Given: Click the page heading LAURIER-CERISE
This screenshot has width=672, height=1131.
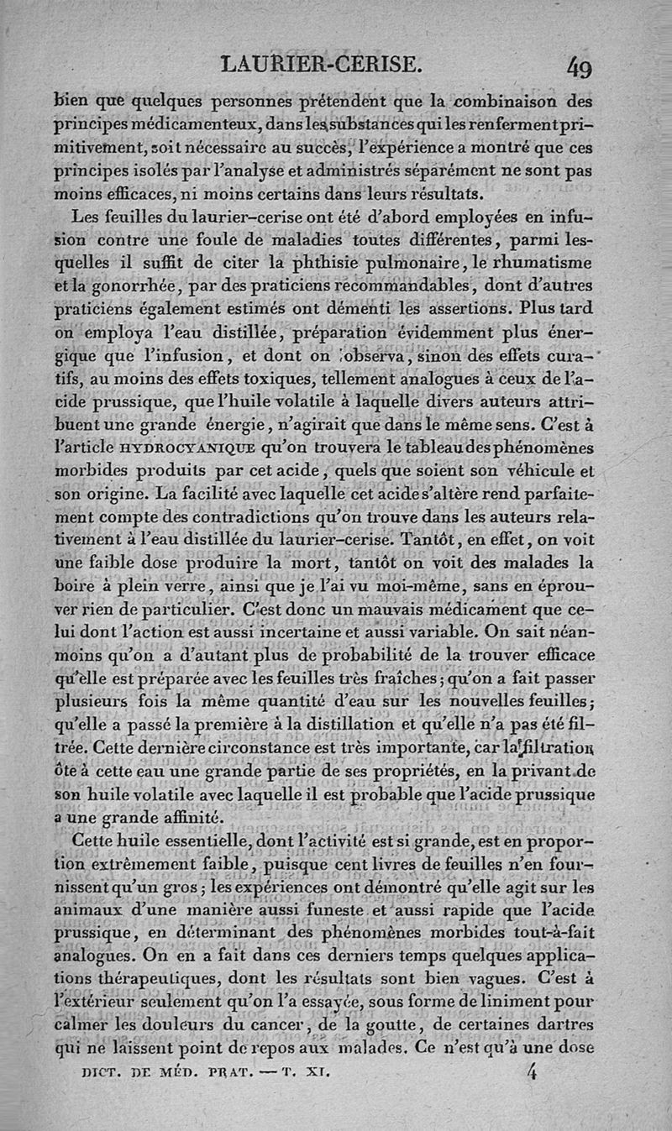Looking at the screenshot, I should [x=319, y=64].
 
